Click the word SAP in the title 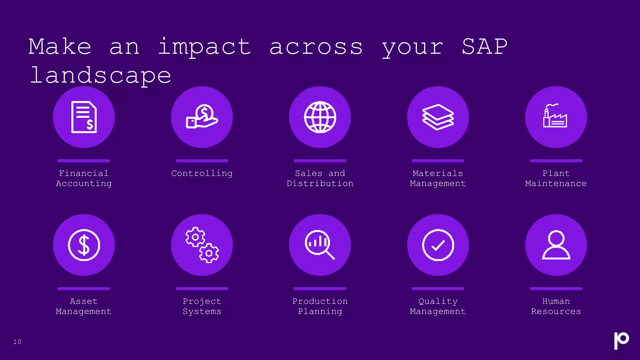coord(485,47)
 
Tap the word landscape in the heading coord(101,76)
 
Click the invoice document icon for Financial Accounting coord(84,117)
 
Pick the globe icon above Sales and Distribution coord(320,117)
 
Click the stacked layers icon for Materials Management coord(438,117)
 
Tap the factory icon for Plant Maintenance coord(556,116)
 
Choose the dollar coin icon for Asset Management coord(84,245)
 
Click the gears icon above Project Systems coord(202,245)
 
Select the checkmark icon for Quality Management coord(438,245)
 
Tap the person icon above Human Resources coord(556,245)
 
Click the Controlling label coord(202,173)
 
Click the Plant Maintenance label coord(556,178)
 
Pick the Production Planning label coord(320,306)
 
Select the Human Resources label coord(556,306)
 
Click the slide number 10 coord(17,342)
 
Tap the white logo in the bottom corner coord(621,340)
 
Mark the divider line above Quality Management coord(438,288)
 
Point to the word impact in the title coord(204,47)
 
